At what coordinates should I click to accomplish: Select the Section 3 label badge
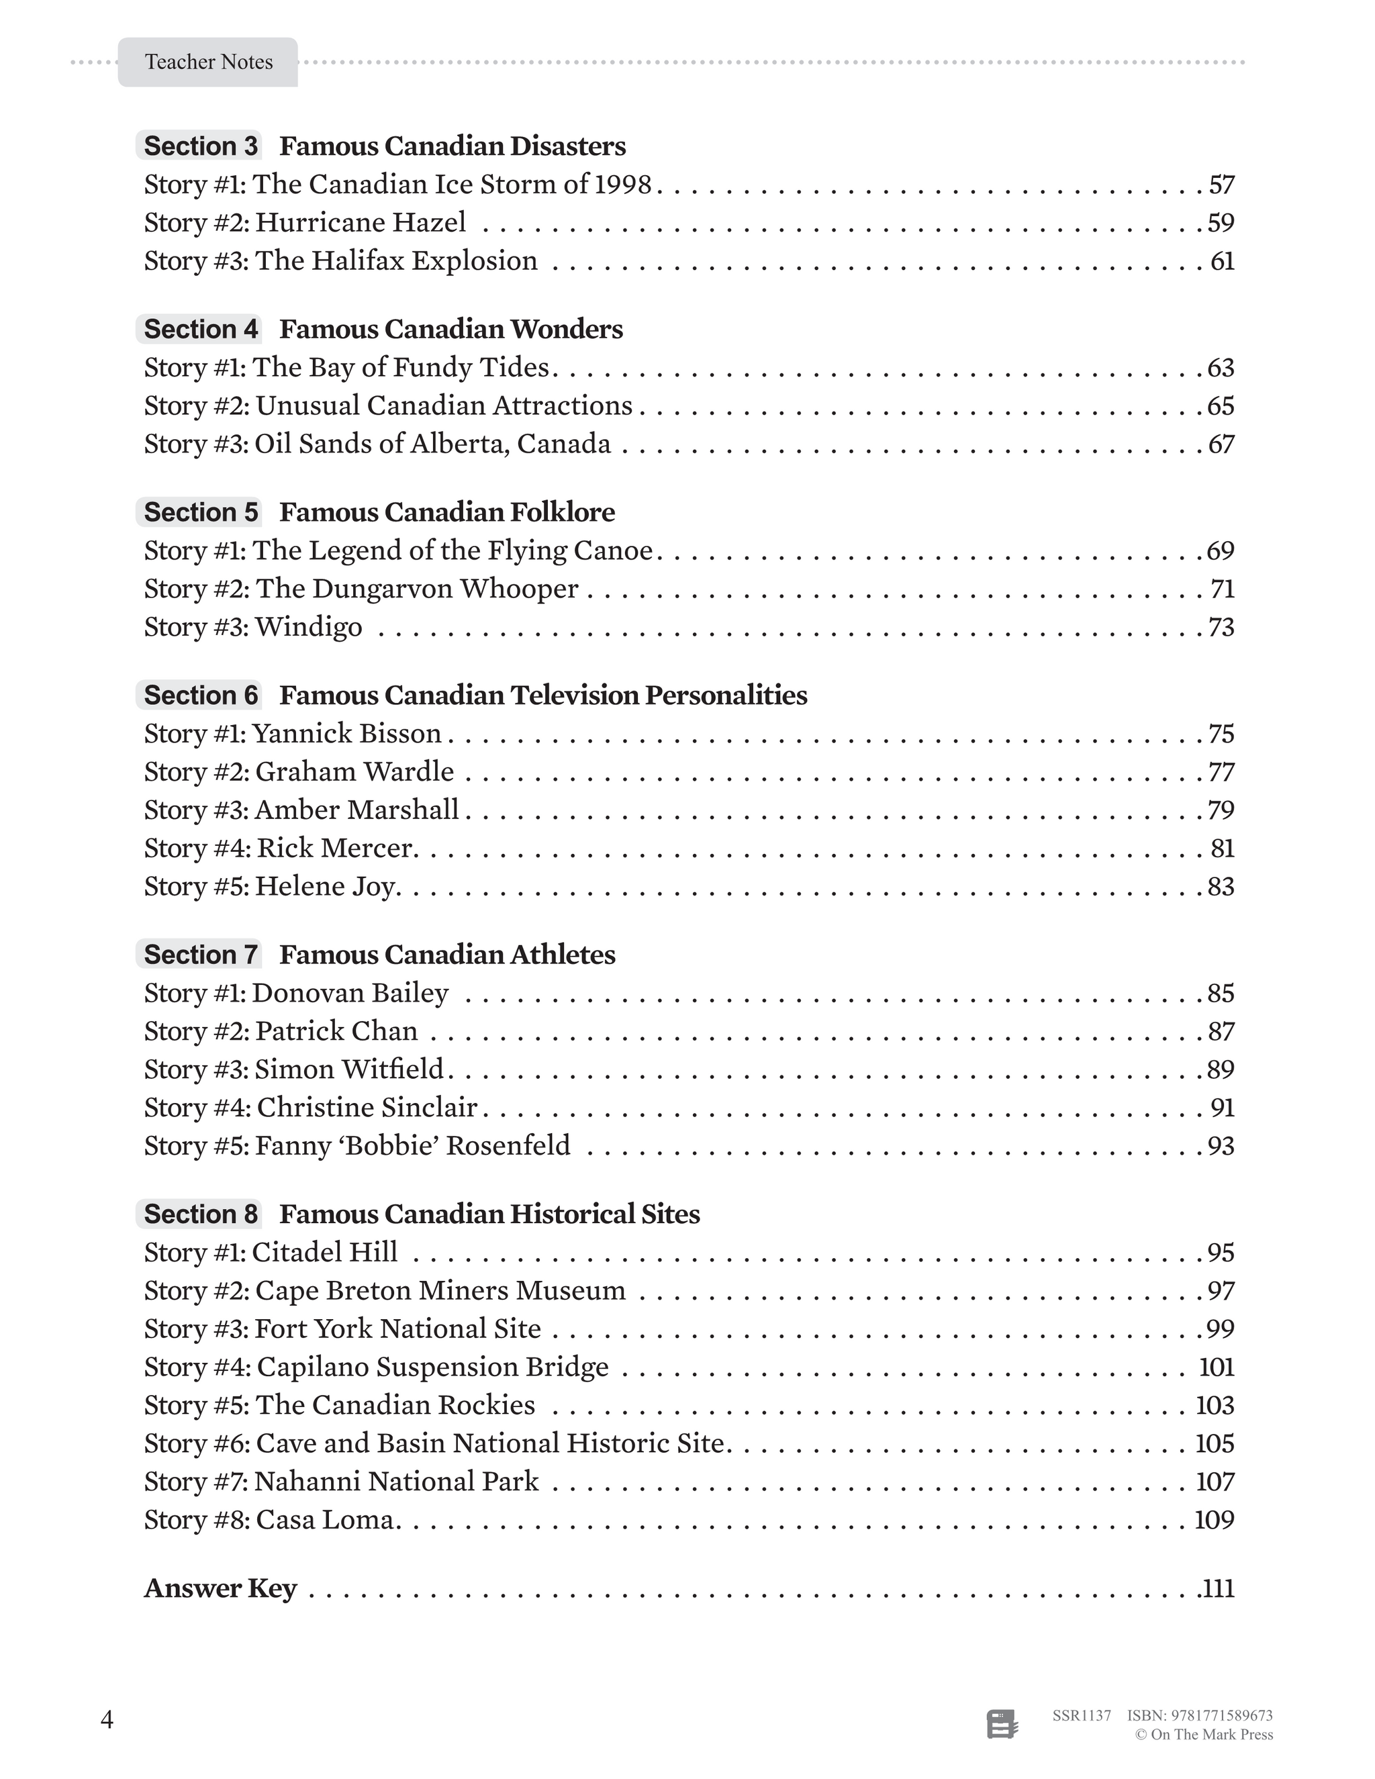pos(199,146)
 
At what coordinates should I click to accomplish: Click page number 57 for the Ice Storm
pos(1221,185)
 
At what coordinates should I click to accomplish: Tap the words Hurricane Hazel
pos(361,222)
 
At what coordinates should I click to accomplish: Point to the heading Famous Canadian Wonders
pos(451,329)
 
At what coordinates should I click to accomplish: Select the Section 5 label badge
pos(199,512)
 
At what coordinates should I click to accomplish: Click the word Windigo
pos(309,627)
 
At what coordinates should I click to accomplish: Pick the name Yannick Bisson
pos(347,734)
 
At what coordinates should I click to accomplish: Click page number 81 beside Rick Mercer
pos(1222,849)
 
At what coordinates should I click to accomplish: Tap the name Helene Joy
pos(326,886)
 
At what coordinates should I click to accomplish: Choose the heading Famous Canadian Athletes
pos(447,955)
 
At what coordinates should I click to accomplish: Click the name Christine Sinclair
pos(367,1108)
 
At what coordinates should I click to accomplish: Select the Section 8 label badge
pos(199,1214)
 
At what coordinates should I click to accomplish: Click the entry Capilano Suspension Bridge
pos(432,1367)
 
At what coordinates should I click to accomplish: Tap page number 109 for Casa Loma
pos(1214,1520)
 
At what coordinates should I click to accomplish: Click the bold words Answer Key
pos(220,1588)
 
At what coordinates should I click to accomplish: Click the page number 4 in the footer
pos(107,1719)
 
